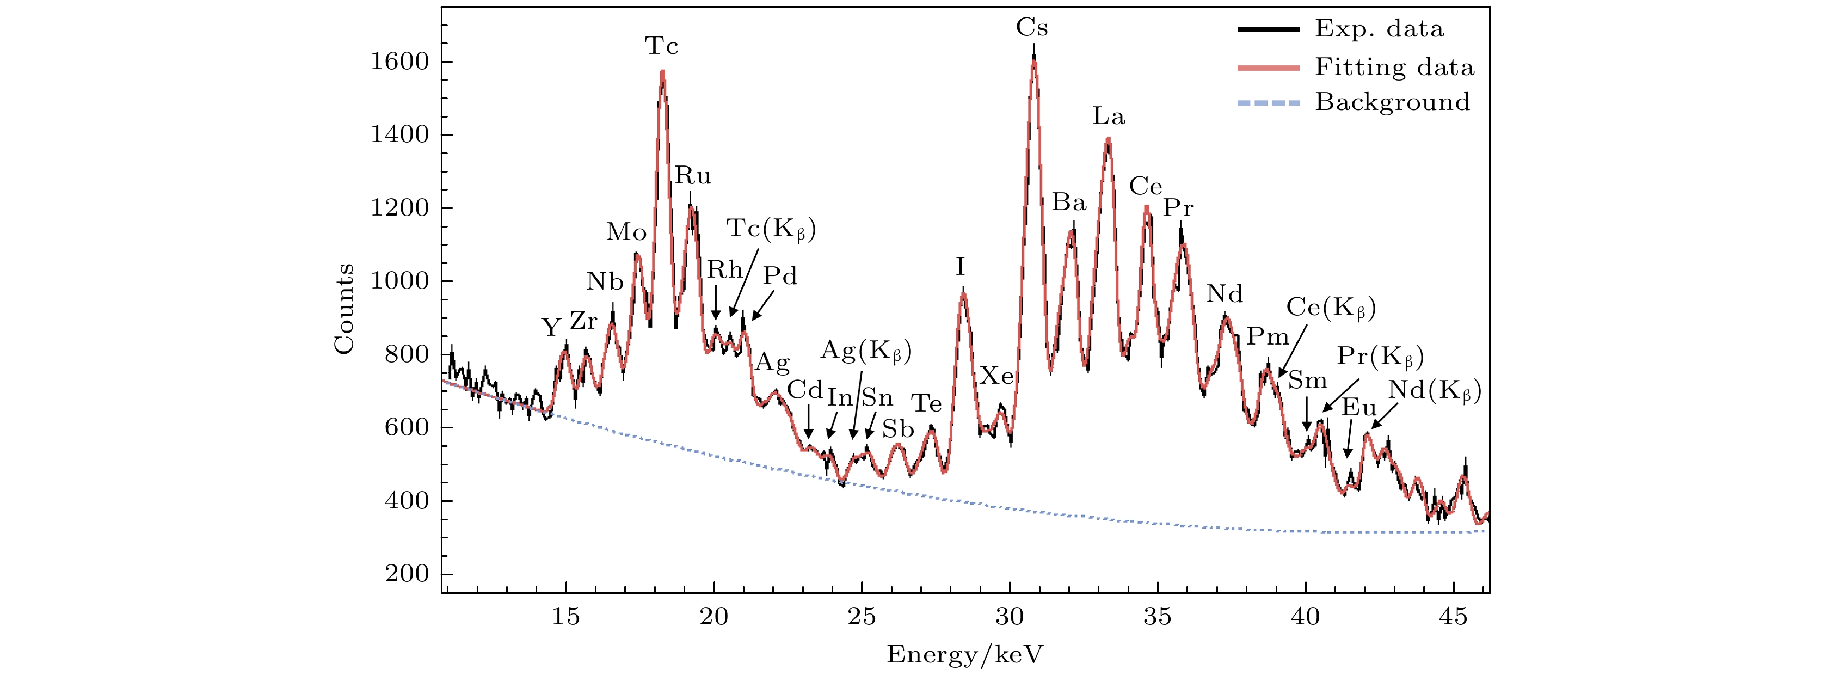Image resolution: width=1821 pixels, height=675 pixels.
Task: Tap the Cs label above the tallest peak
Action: tap(1031, 28)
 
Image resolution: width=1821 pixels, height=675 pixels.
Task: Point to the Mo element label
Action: tap(626, 232)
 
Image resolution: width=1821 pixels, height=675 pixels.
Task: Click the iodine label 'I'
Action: tap(960, 267)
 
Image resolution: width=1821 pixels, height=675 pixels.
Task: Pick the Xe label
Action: tap(996, 376)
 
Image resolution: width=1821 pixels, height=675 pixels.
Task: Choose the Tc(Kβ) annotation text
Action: tap(771, 229)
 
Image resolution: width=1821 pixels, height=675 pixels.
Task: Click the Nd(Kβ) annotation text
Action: tap(1434, 391)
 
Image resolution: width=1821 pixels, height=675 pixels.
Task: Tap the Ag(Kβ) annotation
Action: tap(866, 351)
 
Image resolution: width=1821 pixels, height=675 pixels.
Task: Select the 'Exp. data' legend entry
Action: tap(1379, 29)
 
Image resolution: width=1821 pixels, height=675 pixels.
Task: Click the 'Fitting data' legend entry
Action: tap(1394, 67)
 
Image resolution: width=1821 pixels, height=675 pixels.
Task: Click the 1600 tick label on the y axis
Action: tap(399, 62)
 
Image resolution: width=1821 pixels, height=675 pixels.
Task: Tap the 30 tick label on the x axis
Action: tap(1010, 617)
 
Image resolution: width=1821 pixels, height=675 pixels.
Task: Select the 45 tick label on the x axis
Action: tap(1453, 617)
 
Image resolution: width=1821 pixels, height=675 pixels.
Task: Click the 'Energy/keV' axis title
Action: tap(965, 654)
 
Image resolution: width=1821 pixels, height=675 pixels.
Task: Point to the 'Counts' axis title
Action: tap(344, 309)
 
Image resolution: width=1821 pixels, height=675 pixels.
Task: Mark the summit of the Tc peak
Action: tap(662, 71)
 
